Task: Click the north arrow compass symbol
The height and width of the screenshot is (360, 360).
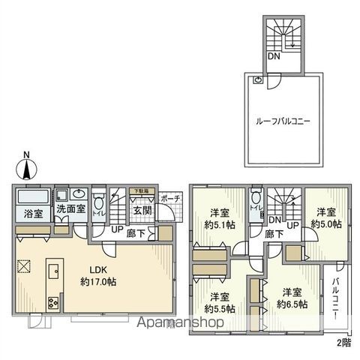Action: pyautogui.click(x=27, y=166)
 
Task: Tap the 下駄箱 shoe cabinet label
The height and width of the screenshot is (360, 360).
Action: pyautogui.click(x=140, y=192)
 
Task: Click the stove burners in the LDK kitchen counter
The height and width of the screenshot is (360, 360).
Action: pyautogui.click(x=55, y=303)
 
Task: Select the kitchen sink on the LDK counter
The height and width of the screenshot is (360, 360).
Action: pyautogui.click(x=54, y=269)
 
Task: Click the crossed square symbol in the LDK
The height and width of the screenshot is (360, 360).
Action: pyautogui.click(x=24, y=265)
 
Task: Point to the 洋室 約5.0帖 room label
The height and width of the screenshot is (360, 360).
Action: pyautogui.click(x=328, y=217)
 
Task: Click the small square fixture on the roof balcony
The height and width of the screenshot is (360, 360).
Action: pyautogui.click(x=258, y=79)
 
